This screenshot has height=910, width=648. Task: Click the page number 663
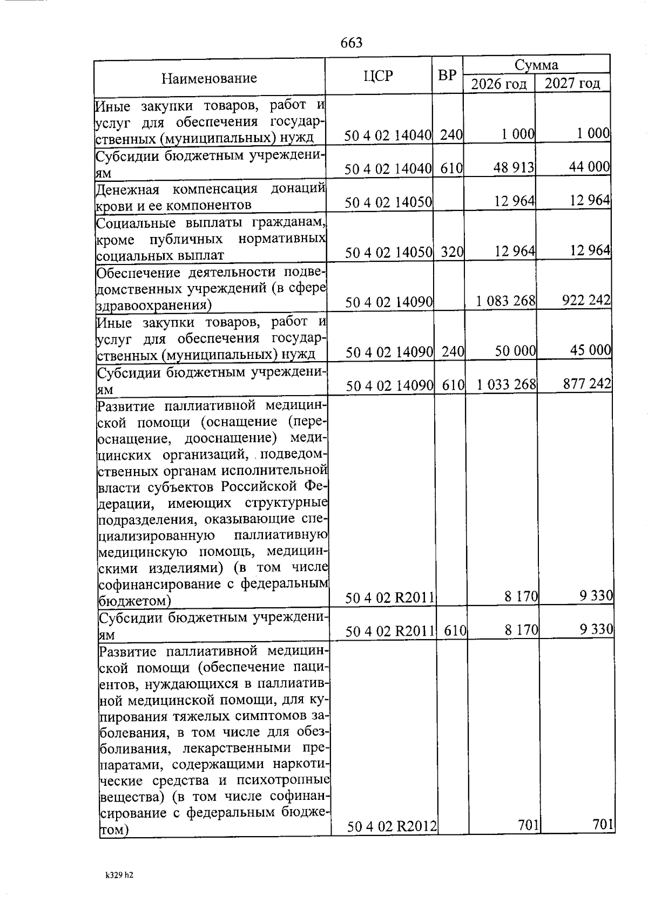click(x=352, y=43)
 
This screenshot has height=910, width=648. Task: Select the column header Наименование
click(x=209, y=78)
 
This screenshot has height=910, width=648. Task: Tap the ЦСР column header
click(x=378, y=76)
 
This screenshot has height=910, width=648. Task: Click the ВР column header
click(x=447, y=76)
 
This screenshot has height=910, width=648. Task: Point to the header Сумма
click(x=536, y=65)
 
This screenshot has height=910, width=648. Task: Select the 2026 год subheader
click(x=498, y=84)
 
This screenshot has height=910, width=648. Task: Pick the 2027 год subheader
click(x=572, y=84)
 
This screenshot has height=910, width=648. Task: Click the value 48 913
click(x=514, y=168)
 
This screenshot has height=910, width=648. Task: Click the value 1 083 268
click(x=505, y=301)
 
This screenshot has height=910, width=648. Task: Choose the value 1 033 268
click(x=506, y=384)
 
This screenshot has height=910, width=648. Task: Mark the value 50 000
click(x=515, y=351)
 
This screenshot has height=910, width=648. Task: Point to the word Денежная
click(x=127, y=189)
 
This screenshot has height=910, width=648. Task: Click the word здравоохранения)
click(x=153, y=305)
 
